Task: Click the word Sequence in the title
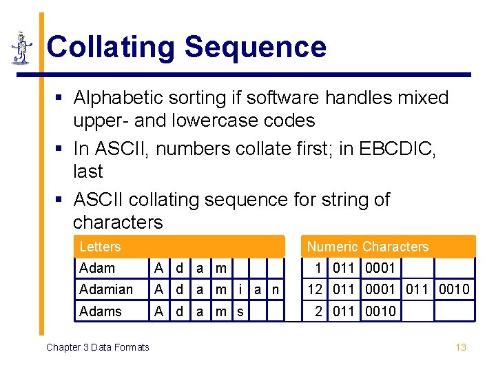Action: pyautogui.click(x=255, y=48)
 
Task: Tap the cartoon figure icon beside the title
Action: pyautogui.click(x=21, y=48)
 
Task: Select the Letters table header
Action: pyautogui.click(x=100, y=247)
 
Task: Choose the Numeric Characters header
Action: pyautogui.click(x=367, y=247)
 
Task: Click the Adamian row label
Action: pyautogui.click(x=106, y=289)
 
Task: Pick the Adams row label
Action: pyautogui.click(x=100, y=311)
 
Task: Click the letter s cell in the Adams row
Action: pyautogui.click(x=240, y=311)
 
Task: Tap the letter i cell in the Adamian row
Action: pyautogui.click(x=240, y=289)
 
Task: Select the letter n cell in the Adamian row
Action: pyautogui.click(x=276, y=289)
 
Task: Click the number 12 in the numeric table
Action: pyautogui.click(x=316, y=289)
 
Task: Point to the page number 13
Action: pyautogui.click(x=461, y=347)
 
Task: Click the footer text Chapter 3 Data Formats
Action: pyautogui.click(x=97, y=347)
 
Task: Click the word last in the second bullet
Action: pyautogui.click(x=87, y=171)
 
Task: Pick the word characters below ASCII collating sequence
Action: pyautogui.click(x=118, y=222)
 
